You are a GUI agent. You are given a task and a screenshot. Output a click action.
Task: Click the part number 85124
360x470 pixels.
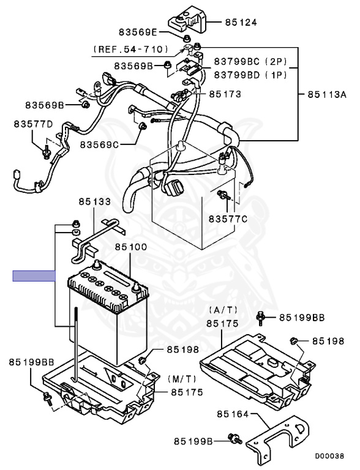click(241, 22)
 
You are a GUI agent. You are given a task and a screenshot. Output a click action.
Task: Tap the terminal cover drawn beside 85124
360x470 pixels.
click(188, 20)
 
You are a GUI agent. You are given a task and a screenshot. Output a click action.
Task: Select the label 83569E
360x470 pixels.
click(138, 32)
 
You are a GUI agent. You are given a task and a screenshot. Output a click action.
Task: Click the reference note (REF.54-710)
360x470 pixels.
click(130, 49)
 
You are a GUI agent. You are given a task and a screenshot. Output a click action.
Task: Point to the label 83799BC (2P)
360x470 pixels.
click(250, 62)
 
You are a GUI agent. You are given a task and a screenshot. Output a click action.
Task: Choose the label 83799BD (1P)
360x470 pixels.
click(250, 75)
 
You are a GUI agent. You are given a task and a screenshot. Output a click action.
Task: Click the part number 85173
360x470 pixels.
click(225, 94)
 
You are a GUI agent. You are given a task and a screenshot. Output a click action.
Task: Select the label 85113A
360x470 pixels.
click(327, 94)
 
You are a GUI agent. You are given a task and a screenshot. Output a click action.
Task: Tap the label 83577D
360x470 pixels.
click(33, 124)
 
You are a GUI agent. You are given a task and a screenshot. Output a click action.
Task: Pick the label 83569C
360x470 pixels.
click(99, 145)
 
